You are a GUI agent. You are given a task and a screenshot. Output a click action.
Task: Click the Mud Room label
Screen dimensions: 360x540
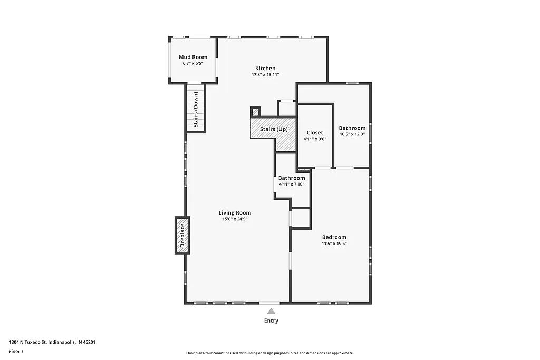[x=192, y=57]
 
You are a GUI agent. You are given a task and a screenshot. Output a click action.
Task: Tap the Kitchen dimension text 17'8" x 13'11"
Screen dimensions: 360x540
[x=265, y=75]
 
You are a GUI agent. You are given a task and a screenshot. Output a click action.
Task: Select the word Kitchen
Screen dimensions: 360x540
[x=265, y=68]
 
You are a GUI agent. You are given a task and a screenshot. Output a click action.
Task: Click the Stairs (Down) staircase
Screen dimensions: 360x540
[x=196, y=109]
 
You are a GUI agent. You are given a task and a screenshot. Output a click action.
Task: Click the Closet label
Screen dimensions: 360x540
[x=315, y=133]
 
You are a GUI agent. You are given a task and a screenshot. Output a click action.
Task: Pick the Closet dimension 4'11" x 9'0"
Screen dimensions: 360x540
[x=315, y=139]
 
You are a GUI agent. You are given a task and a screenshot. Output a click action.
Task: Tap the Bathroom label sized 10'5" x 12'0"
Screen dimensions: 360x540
[x=352, y=128]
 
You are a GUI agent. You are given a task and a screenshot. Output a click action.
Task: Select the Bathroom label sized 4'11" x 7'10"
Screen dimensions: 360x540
[x=292, y=178]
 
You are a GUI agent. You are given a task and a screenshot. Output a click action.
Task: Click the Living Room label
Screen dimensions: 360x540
[x=235, y=213]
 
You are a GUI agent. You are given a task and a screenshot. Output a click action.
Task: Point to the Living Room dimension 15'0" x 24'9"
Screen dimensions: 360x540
[x=235, y=219]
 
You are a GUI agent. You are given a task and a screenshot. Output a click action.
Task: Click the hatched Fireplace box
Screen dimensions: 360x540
[x=182, y=235]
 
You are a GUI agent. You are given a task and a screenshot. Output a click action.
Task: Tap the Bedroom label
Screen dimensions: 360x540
[x=334, y=237]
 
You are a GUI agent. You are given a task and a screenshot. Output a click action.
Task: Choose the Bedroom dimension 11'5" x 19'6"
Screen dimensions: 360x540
[x=334, y=244]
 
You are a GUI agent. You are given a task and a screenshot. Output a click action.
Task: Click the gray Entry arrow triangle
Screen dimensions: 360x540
[x=271, y=312]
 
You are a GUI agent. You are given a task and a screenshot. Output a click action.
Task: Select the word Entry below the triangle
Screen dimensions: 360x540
[x=271, y=320]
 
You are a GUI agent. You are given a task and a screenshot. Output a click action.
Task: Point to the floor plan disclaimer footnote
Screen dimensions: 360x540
[x=269, y=353]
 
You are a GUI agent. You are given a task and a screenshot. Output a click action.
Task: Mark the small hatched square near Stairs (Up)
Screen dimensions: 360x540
[x=256, y=112]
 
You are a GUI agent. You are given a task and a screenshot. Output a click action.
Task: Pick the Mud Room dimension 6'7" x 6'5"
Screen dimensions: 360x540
[x=192, y=63]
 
